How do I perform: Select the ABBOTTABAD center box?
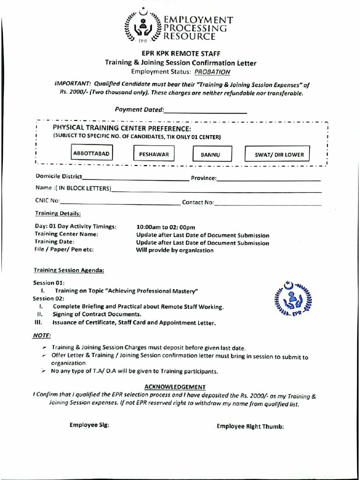point(92,153)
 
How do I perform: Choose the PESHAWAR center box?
point(154,154)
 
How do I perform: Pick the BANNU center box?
point(210,155)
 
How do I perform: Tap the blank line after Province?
point(269,180)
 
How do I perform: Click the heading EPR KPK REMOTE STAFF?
point(181,53)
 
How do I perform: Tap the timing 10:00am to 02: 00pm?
point(165,227)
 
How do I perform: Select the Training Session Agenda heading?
point(69,270)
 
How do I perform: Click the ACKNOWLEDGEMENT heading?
point(175,387)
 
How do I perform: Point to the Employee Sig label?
point(90,425)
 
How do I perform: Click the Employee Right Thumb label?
point(250,426)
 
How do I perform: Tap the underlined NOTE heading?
point(42,336)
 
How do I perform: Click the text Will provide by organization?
point(174,250)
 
